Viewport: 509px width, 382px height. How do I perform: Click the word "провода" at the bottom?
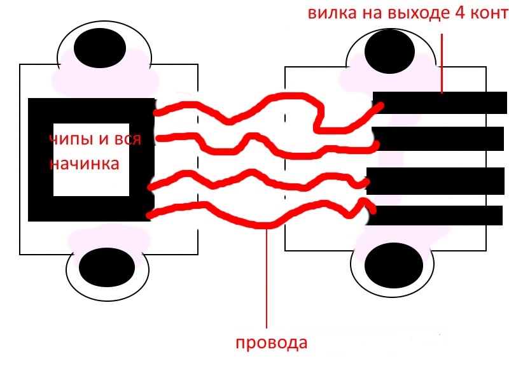click(271, 344)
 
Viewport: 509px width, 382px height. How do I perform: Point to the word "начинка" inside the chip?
click(85, 163)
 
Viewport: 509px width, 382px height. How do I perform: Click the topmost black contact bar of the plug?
click(439, 103)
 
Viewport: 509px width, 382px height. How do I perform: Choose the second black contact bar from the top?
click(439, 139)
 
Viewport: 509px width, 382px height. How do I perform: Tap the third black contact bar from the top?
click(436, 180)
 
